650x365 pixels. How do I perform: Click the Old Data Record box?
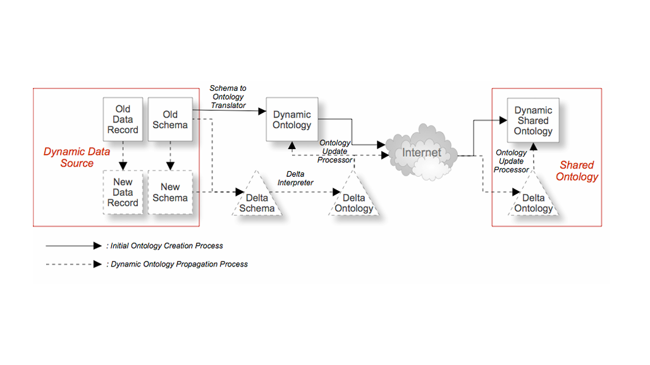[123, 119]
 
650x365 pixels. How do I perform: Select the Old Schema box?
[170, 119]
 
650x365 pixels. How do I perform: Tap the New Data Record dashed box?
[123, 192]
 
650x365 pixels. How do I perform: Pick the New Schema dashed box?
[170, 192]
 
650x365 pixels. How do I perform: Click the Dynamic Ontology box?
[291, 119]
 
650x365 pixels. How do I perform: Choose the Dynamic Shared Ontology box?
[533, 120]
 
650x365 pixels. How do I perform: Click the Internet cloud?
[422, 153]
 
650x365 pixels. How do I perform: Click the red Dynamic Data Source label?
[77, 157]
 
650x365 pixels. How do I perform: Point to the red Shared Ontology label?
[577, 171]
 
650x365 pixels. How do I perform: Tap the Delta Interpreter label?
[296, 179]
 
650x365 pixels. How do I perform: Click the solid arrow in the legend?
[73, 246]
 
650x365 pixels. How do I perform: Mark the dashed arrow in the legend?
[73, 264]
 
